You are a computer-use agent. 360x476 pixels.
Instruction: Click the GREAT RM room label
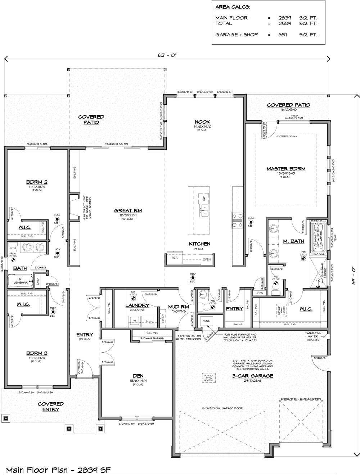128,211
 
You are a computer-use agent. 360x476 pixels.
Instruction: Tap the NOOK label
203,122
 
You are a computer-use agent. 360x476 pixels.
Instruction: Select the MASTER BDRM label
286,169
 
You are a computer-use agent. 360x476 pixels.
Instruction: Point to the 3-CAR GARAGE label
253,376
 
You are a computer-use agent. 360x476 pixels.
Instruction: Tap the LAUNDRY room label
135,305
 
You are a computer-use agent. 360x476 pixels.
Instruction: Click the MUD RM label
179,307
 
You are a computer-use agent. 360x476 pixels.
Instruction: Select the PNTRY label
235,309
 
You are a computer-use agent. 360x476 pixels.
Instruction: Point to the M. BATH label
293,241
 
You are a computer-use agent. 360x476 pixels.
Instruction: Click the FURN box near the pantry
206,321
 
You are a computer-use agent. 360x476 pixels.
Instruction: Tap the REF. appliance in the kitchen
174,258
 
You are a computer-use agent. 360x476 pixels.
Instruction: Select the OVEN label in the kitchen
207,259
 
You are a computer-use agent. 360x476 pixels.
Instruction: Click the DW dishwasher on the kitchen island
203,198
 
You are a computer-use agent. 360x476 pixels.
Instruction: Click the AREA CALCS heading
232,7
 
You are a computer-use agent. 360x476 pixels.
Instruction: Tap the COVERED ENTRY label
51,407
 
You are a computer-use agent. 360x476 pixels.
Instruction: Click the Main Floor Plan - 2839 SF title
58,470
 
